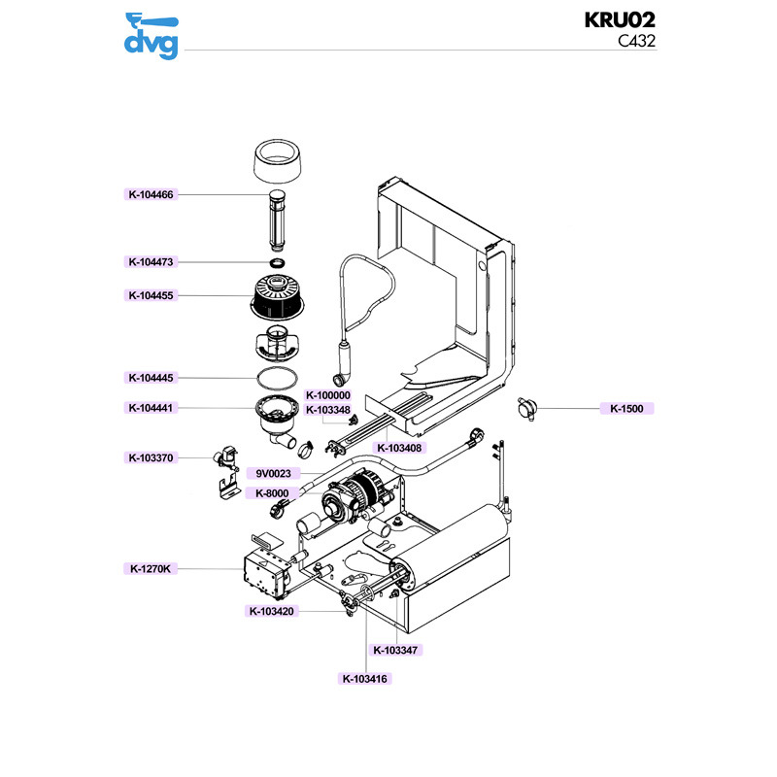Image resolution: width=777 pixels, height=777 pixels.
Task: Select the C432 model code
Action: (x=637, y=41)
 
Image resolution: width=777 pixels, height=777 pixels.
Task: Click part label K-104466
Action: (x=151, y=194)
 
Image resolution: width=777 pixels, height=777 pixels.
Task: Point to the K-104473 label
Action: (x=151, y=262)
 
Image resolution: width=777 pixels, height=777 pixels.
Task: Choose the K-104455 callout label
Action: (x=151, y=295)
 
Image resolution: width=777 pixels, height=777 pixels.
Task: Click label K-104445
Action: (x=151, y=378)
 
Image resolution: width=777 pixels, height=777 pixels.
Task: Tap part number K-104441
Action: (x=151, y=408)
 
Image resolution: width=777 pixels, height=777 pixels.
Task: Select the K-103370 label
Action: (x=151, y=457)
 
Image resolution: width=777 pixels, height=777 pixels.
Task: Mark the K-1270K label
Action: (x=151, y=569)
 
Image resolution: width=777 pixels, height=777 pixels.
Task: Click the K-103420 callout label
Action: (x=272, y=611)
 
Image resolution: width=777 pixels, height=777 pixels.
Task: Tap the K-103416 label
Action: (x=365, y=679)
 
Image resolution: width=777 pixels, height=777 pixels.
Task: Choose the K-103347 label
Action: (x=395, y=650)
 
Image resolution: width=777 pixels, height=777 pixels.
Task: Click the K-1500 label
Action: (x=626, y=409)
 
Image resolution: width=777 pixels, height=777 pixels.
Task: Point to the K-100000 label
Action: (x=328, y=395)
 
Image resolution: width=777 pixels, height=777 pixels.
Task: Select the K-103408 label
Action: (x=398, y=448)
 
